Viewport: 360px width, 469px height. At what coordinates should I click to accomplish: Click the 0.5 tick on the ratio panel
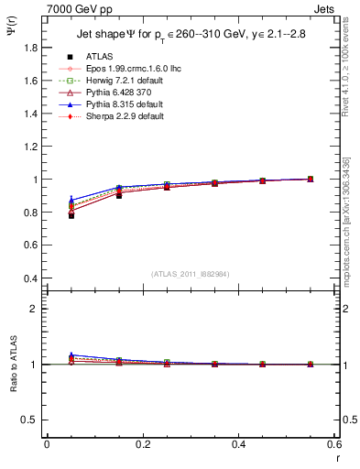tap(33, 420)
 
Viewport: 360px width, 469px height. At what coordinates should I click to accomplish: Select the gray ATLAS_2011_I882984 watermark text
tap(191, 275)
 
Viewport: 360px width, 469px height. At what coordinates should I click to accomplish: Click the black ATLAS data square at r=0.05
tap(71, 215)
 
